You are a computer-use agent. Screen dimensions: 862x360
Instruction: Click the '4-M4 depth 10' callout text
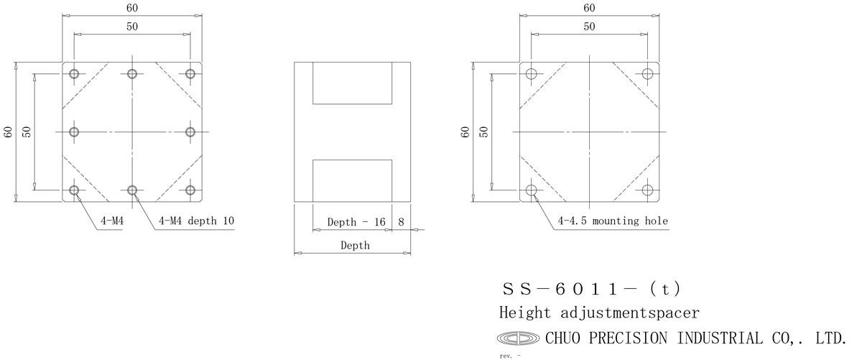tap(196, 221)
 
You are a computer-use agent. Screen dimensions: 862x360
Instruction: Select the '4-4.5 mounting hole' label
tap(613, 221)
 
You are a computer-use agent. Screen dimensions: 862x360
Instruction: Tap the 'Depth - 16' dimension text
tap(356, 222)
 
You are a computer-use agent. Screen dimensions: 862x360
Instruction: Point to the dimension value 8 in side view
tap(401, 222)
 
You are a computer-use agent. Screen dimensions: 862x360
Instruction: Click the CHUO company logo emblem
tap(518, 338)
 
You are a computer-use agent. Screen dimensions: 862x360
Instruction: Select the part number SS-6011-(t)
tap(591, 289)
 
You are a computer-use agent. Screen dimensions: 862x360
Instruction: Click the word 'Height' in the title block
tap(525, 313)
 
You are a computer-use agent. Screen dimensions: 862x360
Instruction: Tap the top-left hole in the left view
tap(74, 74)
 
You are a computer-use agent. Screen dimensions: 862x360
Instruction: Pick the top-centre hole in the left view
tap(132, 74)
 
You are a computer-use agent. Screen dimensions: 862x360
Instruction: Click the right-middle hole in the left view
tap(190, 132)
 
